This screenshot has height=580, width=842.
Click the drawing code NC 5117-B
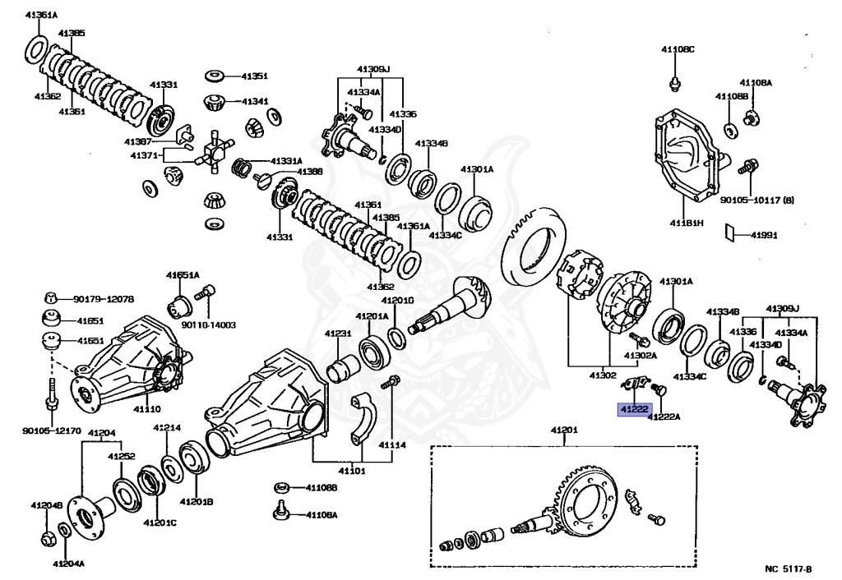(x=787, y=568)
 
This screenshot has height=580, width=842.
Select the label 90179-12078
(x=103, y=299)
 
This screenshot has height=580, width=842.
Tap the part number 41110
(x=147, y=409)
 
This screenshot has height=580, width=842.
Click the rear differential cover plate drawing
(x=687, y=155)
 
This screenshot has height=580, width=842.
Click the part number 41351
(x=254, y=76)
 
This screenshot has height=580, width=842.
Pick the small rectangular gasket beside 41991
(x=730, y=234)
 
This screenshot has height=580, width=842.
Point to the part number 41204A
(x=68, y=564)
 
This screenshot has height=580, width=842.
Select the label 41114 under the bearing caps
(x=392, y=444)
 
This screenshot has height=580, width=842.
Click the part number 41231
(x=337, y=334)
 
